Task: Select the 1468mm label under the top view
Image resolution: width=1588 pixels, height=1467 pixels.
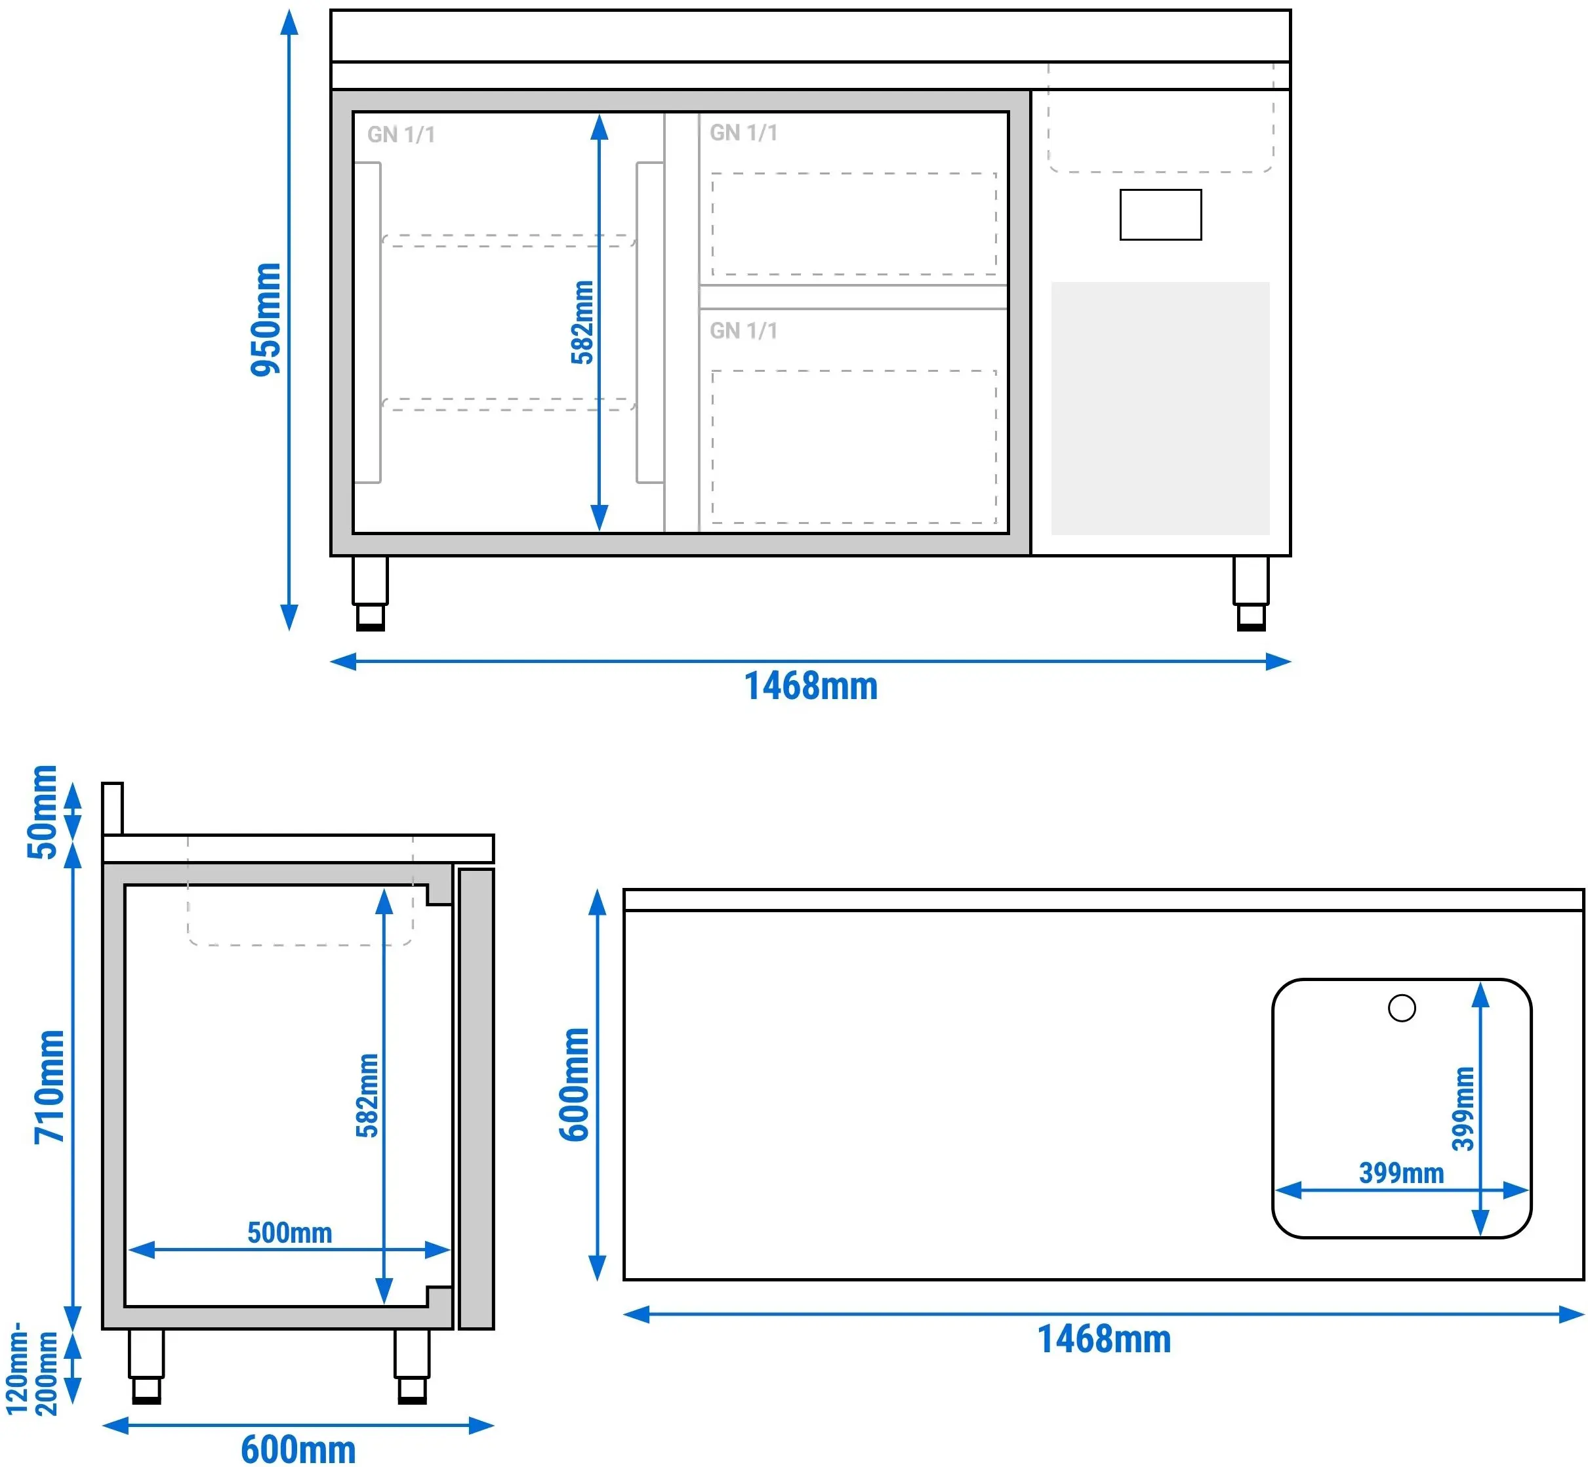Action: [x=1105, y=1340]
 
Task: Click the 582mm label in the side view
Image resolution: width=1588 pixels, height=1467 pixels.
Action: [x=367, y=1095]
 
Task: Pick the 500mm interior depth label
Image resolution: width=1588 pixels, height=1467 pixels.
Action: [x=290, y=1233]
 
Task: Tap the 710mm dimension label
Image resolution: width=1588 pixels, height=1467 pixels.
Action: [x=49, y=1087]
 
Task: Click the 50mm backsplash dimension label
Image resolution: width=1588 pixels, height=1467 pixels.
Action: [x=43, y=812]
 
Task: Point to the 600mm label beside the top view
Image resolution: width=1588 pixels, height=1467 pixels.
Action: [x=575, y=1085]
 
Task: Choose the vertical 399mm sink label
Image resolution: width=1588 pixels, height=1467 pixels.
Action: [x=1463, y=1109]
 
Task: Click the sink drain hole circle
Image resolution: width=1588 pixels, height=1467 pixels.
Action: [x=1402, y=1008]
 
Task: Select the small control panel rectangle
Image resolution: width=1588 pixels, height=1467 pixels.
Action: [x=1161, y=214]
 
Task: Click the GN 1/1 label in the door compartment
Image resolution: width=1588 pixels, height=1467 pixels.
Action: [x=401, y=135]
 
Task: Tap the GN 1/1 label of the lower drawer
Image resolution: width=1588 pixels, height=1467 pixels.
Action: [x=744, y=331]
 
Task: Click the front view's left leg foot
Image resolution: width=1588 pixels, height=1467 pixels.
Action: [x=371, y=618]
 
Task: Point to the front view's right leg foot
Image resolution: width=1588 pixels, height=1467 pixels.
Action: [x=1252, y=618]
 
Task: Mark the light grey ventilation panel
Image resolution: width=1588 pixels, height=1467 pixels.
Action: [x=1161, y=408]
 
